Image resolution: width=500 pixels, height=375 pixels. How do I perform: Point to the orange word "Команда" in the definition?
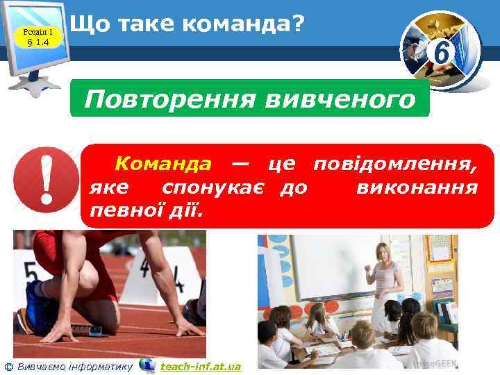[163, 164]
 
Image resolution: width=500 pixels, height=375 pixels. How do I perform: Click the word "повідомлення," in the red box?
[395, 164]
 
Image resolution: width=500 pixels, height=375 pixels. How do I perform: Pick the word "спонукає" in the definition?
[215, 187]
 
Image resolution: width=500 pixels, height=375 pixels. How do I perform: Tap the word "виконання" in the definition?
[416, 187]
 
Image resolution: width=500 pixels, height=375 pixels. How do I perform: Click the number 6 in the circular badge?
[440, 50]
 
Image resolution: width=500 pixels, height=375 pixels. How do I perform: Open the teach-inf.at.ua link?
[200, 366]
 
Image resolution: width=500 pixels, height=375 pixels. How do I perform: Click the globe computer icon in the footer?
[147, 365]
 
